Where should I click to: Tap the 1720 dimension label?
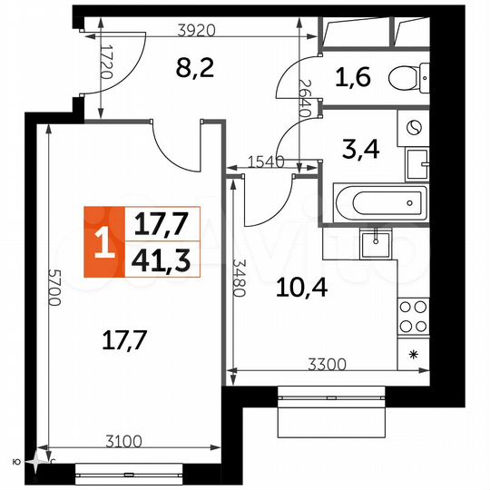coord(106,64)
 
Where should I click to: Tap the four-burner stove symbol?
coord(414,318)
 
